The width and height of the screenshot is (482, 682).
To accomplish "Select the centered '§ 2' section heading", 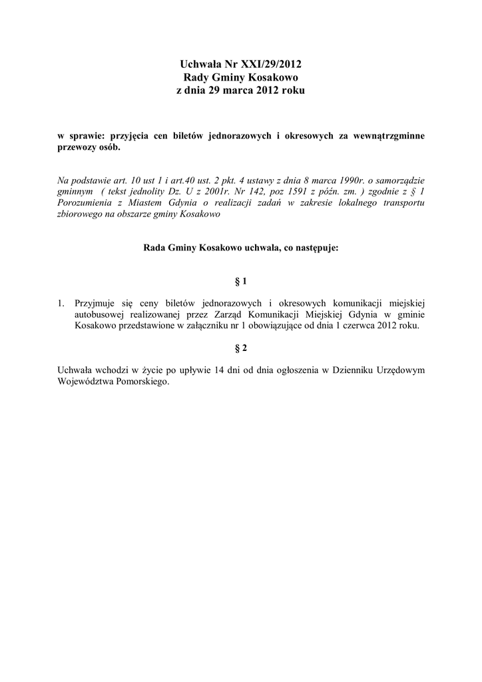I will pos(241,348).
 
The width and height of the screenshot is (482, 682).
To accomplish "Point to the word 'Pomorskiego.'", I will pos(141,382).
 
